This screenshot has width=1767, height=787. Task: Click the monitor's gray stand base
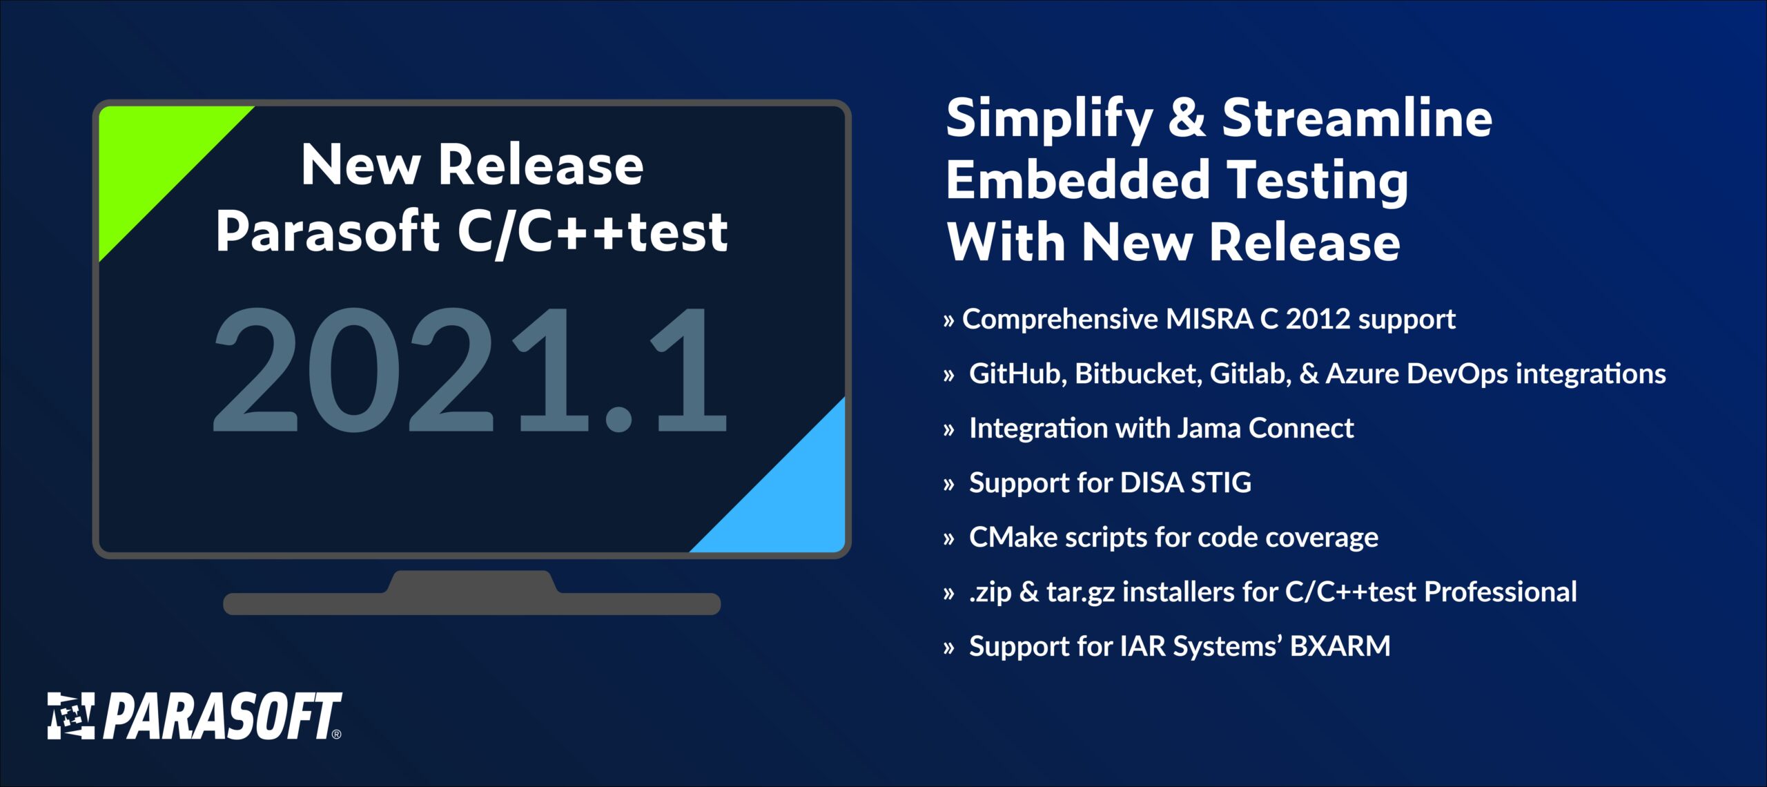coord(472,601)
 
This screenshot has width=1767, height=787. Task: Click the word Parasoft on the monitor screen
coord(328,233)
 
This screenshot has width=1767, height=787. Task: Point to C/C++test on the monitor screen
coord(592,233)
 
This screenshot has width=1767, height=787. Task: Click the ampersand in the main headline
coord(1187,119)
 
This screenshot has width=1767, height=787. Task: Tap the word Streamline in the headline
coord(1357,119)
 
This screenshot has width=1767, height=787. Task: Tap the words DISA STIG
coord(1186,483)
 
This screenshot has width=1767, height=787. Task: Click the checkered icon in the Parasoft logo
coord(70,715)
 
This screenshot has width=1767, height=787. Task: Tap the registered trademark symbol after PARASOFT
coord(336,734)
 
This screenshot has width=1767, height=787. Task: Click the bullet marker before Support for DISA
coord(949,484)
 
